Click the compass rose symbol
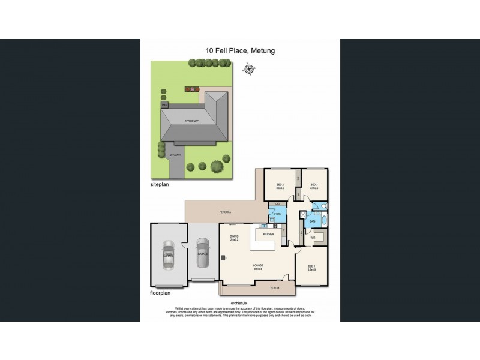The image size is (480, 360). point(248,69)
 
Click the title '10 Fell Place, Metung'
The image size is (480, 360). point(240,52)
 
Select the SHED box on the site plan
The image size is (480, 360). point(164,104)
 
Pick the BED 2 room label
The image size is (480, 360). point(280,185)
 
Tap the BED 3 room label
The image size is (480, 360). point(314,185)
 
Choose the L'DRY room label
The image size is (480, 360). point(278,214)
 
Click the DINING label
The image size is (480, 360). point(234,237)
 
